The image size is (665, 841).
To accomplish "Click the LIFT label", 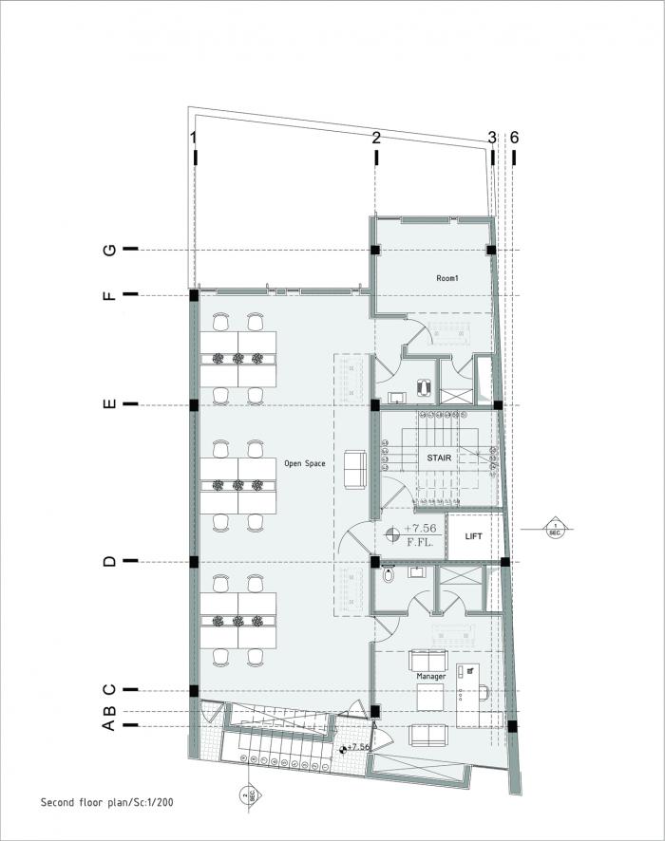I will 473,536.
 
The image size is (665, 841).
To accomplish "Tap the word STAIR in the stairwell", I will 439,458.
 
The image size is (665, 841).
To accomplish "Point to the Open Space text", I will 305,464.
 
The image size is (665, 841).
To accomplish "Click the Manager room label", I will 430,676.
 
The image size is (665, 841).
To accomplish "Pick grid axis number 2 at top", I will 376,139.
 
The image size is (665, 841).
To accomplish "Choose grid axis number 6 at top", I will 514,139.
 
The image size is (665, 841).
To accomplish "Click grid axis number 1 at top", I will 194,139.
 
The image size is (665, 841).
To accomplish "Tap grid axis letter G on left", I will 110,250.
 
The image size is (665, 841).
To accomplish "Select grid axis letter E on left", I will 110,404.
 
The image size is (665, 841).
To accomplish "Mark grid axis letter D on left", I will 110,562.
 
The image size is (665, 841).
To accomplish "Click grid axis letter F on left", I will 110,295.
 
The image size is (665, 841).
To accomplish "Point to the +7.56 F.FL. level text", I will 420,535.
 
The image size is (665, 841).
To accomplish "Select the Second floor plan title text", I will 106,802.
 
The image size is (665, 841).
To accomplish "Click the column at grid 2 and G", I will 375,250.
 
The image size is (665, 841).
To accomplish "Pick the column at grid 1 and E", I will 194,404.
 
